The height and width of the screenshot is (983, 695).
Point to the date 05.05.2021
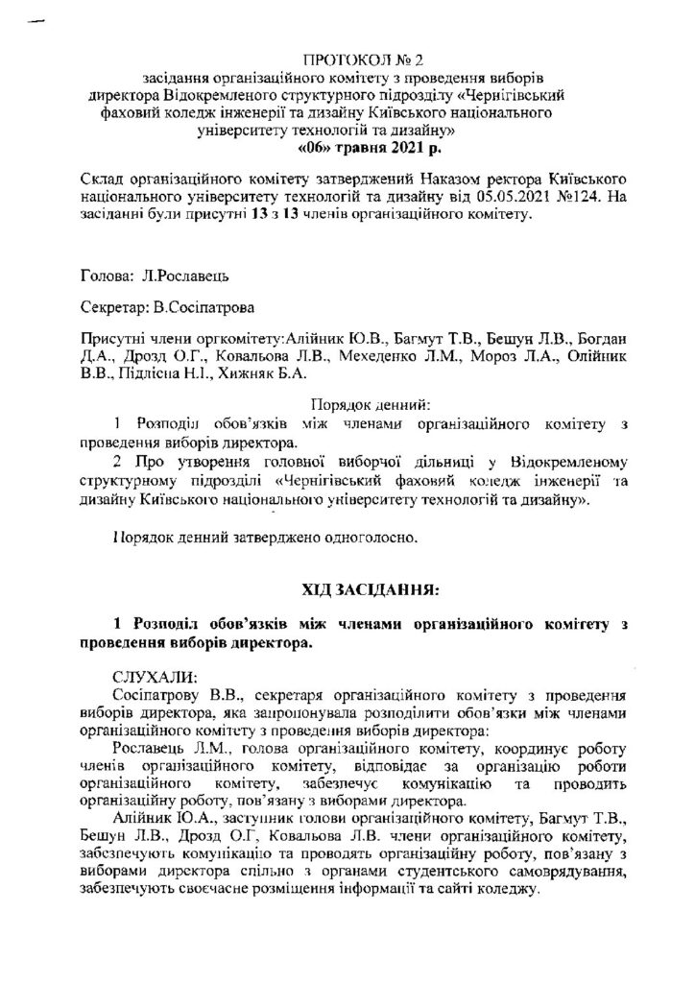[x=498, y=200]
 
